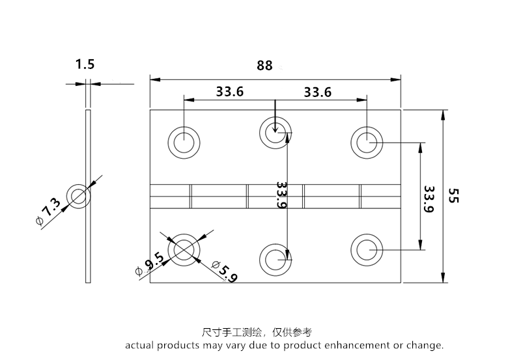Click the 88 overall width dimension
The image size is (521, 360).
click(264, 66)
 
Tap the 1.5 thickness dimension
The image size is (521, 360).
click(85, 64)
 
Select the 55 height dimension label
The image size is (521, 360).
click(454, 195)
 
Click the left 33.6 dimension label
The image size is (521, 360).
click(230, 92)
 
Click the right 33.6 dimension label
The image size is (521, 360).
click(318, 92)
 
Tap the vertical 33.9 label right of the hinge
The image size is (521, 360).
click(428, 199)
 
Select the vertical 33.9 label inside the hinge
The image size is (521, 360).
click(281, 195)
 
